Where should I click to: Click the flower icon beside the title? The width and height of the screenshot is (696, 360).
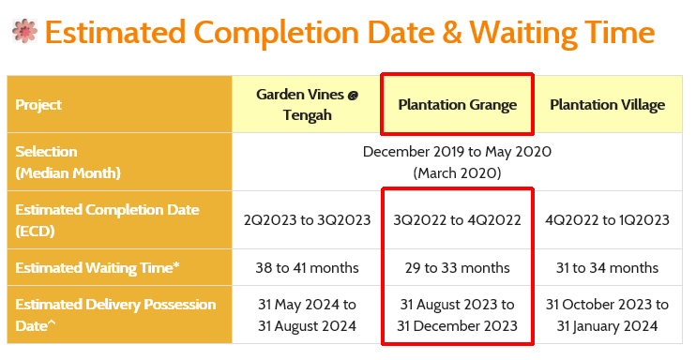coord(24,33)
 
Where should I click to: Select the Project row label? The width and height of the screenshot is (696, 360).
coord(39,105)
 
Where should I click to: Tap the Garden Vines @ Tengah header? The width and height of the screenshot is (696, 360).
coord(307,105)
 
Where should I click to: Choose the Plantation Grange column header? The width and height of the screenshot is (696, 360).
coord(457,105)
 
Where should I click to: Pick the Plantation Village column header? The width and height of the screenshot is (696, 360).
coord(607,105)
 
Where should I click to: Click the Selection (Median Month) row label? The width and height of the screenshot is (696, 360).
coord(68,162)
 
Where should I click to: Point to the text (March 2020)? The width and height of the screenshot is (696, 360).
coord(457,173)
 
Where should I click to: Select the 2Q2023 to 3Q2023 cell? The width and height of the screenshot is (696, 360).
coord(307,220)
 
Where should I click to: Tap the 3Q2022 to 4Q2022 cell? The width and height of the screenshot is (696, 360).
coord(457,220)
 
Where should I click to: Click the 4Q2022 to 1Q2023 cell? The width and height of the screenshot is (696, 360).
coord(607,220)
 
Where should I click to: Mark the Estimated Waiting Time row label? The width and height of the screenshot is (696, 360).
coord(97,268)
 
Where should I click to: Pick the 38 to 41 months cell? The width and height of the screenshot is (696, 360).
coord(307,268)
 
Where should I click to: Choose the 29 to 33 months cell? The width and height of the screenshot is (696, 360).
coord(457,268)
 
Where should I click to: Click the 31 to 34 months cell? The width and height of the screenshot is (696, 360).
coord(607,268)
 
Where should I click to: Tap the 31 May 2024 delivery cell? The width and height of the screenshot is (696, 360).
coord(307,316)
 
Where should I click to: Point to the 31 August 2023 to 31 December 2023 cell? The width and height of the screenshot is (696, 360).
coord(457,316)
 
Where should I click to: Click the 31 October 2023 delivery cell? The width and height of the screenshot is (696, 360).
coord(607,316)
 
